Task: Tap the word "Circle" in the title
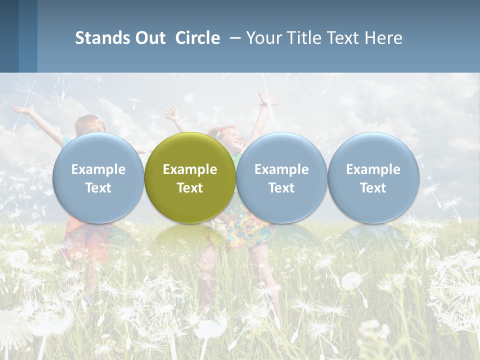pyautogui.click(x=197, y=38)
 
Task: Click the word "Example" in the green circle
pyautogui.click(x=190, y=169)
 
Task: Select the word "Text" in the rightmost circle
pyautogui.click(x=373, y=188)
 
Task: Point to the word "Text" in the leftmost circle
pyautogui.click(x=98, y=188)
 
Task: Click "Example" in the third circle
pyautogui.click(x=281, y=169)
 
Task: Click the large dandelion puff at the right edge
pyautogui.click(x=457, y=285)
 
